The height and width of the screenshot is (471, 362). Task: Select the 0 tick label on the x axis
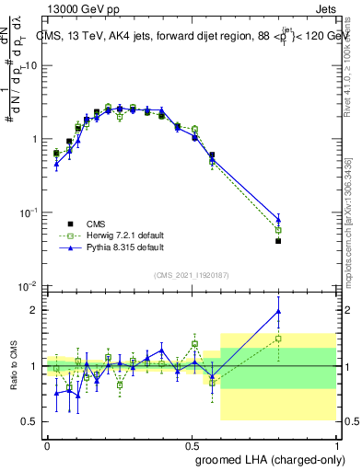pos(47,444)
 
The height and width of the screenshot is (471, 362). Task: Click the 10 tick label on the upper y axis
pos(32,65)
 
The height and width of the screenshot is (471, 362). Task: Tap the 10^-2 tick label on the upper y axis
pos(30,286)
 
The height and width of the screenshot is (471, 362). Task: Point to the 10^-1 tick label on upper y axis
pos(30,213)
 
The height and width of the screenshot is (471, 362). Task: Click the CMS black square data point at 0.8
pos(278,241)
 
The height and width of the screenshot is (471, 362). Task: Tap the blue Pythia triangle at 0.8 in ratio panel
pos(278,311)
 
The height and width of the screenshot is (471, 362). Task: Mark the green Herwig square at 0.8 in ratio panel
pos(278,338)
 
